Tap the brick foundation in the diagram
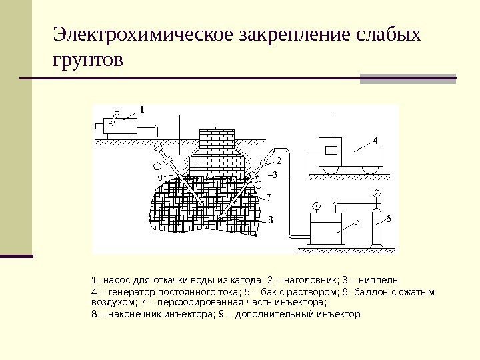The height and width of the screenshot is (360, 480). (x=213, y=151)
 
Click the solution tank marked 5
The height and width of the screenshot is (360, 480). (x=326, y=229)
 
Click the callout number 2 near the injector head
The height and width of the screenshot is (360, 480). (x=278, y=161)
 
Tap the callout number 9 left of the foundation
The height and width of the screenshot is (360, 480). (x=159, y=178)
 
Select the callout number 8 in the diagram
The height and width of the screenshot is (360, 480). (x=269, y=219)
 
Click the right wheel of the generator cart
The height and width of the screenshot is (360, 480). (x=367, y=169)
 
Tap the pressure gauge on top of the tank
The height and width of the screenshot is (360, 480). (x=317, y=204)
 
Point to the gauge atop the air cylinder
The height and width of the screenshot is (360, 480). (x=377, y=193)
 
